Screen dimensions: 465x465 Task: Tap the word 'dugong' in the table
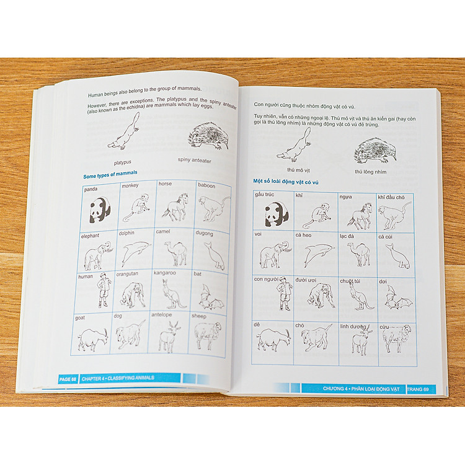pos(204,233)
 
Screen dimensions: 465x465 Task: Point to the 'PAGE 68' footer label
pos(68,379)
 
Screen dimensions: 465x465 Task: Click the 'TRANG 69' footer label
pos(418,389)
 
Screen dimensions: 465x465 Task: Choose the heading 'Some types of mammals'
pos(110,174)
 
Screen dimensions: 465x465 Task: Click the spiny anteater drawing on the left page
pos(209,136)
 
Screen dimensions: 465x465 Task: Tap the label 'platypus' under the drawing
pos(123,162)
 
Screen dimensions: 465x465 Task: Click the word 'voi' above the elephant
pos(258,234)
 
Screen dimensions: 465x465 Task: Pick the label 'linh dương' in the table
pos(353,327)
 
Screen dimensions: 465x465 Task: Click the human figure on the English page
pos(104,290)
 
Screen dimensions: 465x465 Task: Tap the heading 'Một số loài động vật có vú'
pos(286,182)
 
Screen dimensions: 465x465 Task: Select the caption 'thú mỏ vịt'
pos(298,170)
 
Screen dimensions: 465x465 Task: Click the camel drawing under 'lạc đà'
pos(359,254)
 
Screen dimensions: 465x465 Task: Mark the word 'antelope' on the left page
pos(162,314)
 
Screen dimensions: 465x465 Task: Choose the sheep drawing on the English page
pos(208,335)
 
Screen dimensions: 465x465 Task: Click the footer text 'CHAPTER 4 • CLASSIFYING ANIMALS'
pos(118,378)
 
